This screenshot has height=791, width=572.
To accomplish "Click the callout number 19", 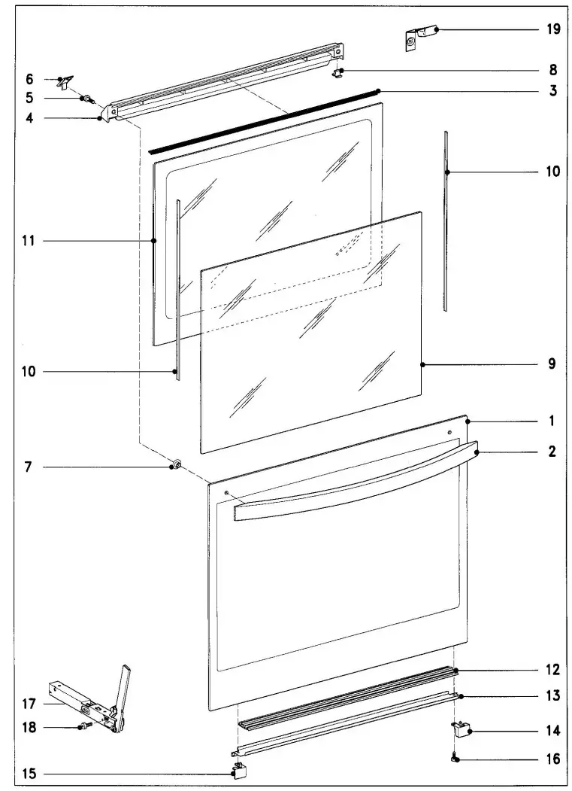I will point(552,30).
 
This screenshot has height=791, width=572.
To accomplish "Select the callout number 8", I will point(552,71).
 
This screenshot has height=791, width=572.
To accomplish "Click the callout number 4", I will point(29,117).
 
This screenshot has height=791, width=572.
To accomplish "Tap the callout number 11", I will point(29,241).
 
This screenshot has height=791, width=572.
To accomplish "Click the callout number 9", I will point(552,364).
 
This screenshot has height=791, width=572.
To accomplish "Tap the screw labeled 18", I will point(83,727).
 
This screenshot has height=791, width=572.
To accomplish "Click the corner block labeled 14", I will point(461,729).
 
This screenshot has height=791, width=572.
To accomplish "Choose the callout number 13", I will point(552,696).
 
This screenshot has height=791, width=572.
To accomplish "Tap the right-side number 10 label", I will point(552,172).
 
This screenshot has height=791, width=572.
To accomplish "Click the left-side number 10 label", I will point(29,371).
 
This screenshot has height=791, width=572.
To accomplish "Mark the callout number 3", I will point(552,91).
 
